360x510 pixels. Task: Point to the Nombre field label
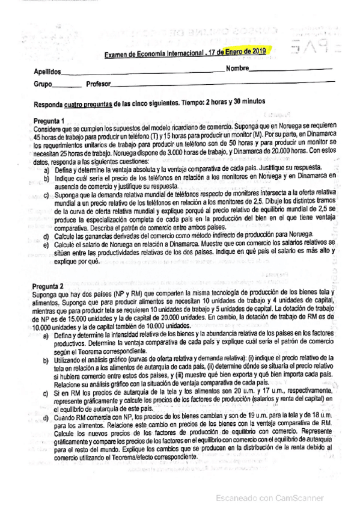click(237, 68)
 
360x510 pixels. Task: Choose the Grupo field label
click(43, 84)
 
